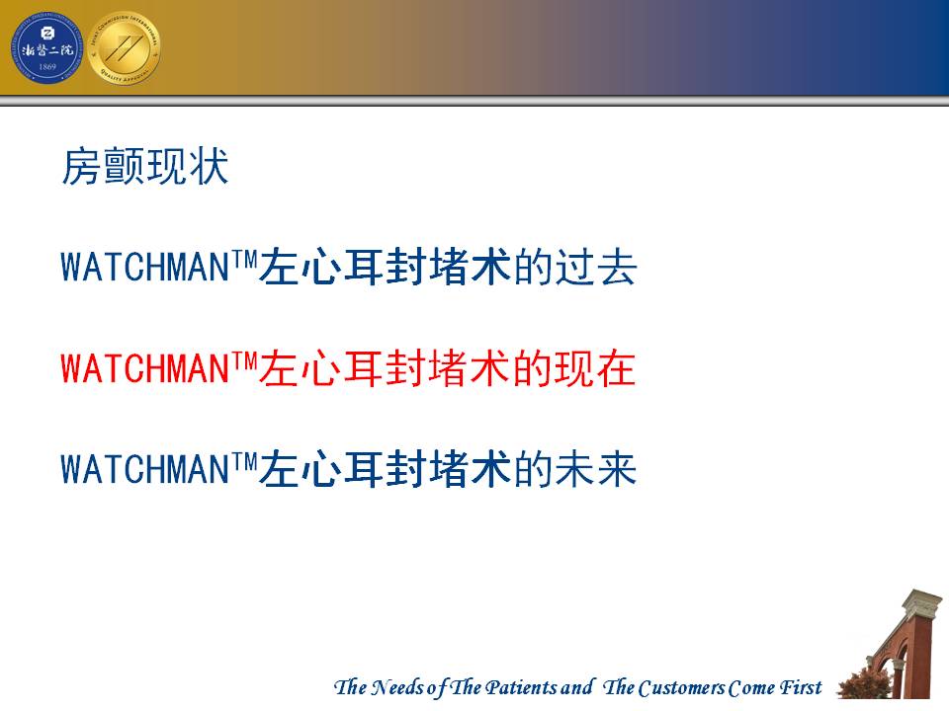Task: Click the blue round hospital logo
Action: point(47,47)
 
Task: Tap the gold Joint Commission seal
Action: point(125,47)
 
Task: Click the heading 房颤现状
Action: point(145,166)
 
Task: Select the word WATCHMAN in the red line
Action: point(144,368)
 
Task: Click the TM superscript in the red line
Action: point(244,360)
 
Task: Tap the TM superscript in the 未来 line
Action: point(244,462)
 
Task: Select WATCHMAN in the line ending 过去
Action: point(144,267)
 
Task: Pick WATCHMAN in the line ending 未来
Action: point(144,470)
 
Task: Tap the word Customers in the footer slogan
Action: point(681,688)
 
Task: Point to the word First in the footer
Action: point(800,687)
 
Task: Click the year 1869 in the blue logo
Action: point(47,67)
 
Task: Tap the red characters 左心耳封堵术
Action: point(386,368)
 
